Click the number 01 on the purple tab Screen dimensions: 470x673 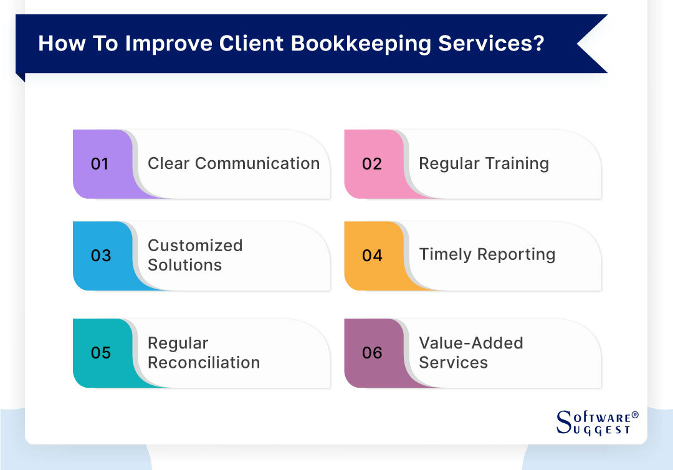click(x=100, y=164)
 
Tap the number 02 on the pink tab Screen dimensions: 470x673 click(x=371, y=164)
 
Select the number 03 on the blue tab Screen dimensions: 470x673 click(x=100, y=256)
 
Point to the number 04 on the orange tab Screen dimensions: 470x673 click(x=372, y=256)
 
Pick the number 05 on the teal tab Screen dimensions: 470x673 click(x=100, y=353)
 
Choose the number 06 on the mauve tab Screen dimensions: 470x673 click(x=372, y=353)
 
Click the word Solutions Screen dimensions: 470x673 click(x=184, y=265)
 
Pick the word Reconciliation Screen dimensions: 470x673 click(x=204, y=362)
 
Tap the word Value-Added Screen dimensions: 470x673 click(x=470, y=343)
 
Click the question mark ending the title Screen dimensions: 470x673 click(x=538, y=45)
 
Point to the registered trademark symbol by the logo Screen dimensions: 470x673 click(x=635, y=415)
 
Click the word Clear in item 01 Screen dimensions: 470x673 click(x=168, y=163)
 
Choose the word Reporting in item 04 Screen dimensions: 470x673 click(x=518, y=254)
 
